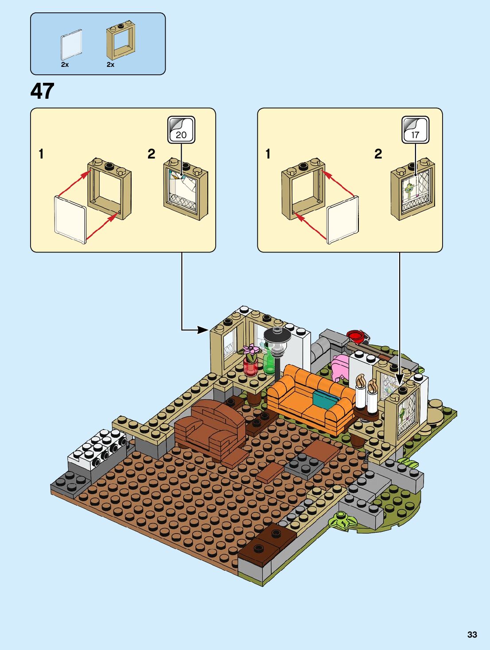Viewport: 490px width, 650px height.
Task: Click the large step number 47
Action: point(43,91)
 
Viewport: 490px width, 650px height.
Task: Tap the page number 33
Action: point(472,635)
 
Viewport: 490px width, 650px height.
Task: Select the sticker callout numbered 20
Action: point(181,130)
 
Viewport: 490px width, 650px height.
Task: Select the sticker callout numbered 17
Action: point(415,130)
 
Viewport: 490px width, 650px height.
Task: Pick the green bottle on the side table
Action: point(268,364)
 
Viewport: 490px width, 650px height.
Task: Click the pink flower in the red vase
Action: point(251,352)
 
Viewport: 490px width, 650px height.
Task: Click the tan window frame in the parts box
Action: point(121,43)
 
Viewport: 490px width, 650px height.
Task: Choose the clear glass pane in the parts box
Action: point(71,45)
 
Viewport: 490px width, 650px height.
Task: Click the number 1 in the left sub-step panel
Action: point(41,154)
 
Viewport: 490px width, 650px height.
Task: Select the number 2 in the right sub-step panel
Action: point(378,154)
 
